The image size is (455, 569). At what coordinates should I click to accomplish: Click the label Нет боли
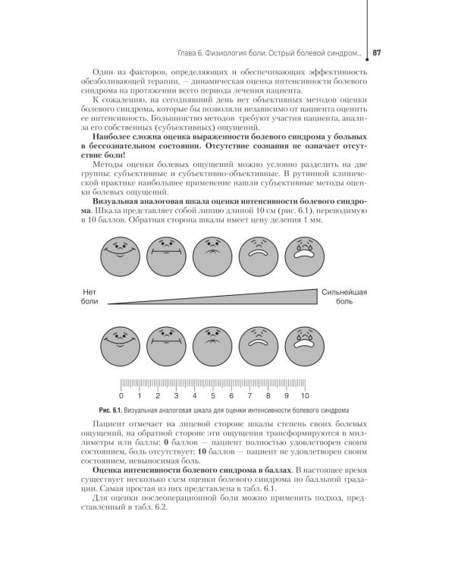(90, 296)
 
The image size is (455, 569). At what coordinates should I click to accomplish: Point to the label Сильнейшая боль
(344, 296)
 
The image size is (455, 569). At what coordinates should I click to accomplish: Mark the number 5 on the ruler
(213, 396)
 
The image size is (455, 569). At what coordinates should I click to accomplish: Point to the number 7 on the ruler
(250, 396)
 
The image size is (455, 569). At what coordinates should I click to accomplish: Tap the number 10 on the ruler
(305, 396)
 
